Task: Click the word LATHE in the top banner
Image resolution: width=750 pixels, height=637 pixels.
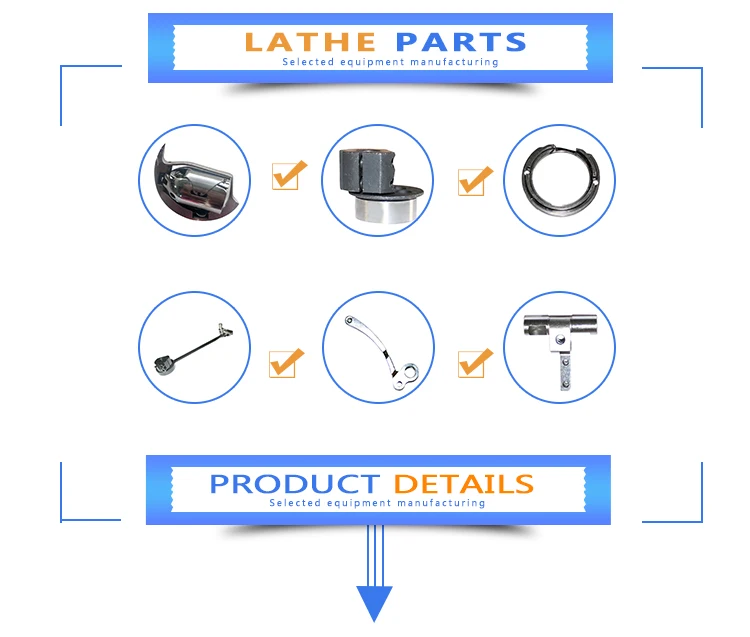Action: pos(309,42)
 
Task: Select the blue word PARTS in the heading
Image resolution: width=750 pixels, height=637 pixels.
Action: pos(460,42)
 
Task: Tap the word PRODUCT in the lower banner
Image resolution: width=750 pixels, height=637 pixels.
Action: pos(294,484)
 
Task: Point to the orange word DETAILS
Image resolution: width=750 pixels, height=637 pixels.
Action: pos(463,484)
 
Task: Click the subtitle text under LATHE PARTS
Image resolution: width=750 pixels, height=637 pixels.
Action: pos(389,63)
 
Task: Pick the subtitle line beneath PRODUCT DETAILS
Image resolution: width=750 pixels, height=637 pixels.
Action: pos(377,503)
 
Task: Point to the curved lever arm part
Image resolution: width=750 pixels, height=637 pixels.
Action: pos(379,345)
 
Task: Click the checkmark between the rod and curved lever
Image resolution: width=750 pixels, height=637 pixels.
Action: pos(287,362)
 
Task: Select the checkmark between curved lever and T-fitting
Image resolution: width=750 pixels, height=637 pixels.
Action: pos(475,362)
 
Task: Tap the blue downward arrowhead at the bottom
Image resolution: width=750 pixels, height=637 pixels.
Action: pos(375,603)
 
